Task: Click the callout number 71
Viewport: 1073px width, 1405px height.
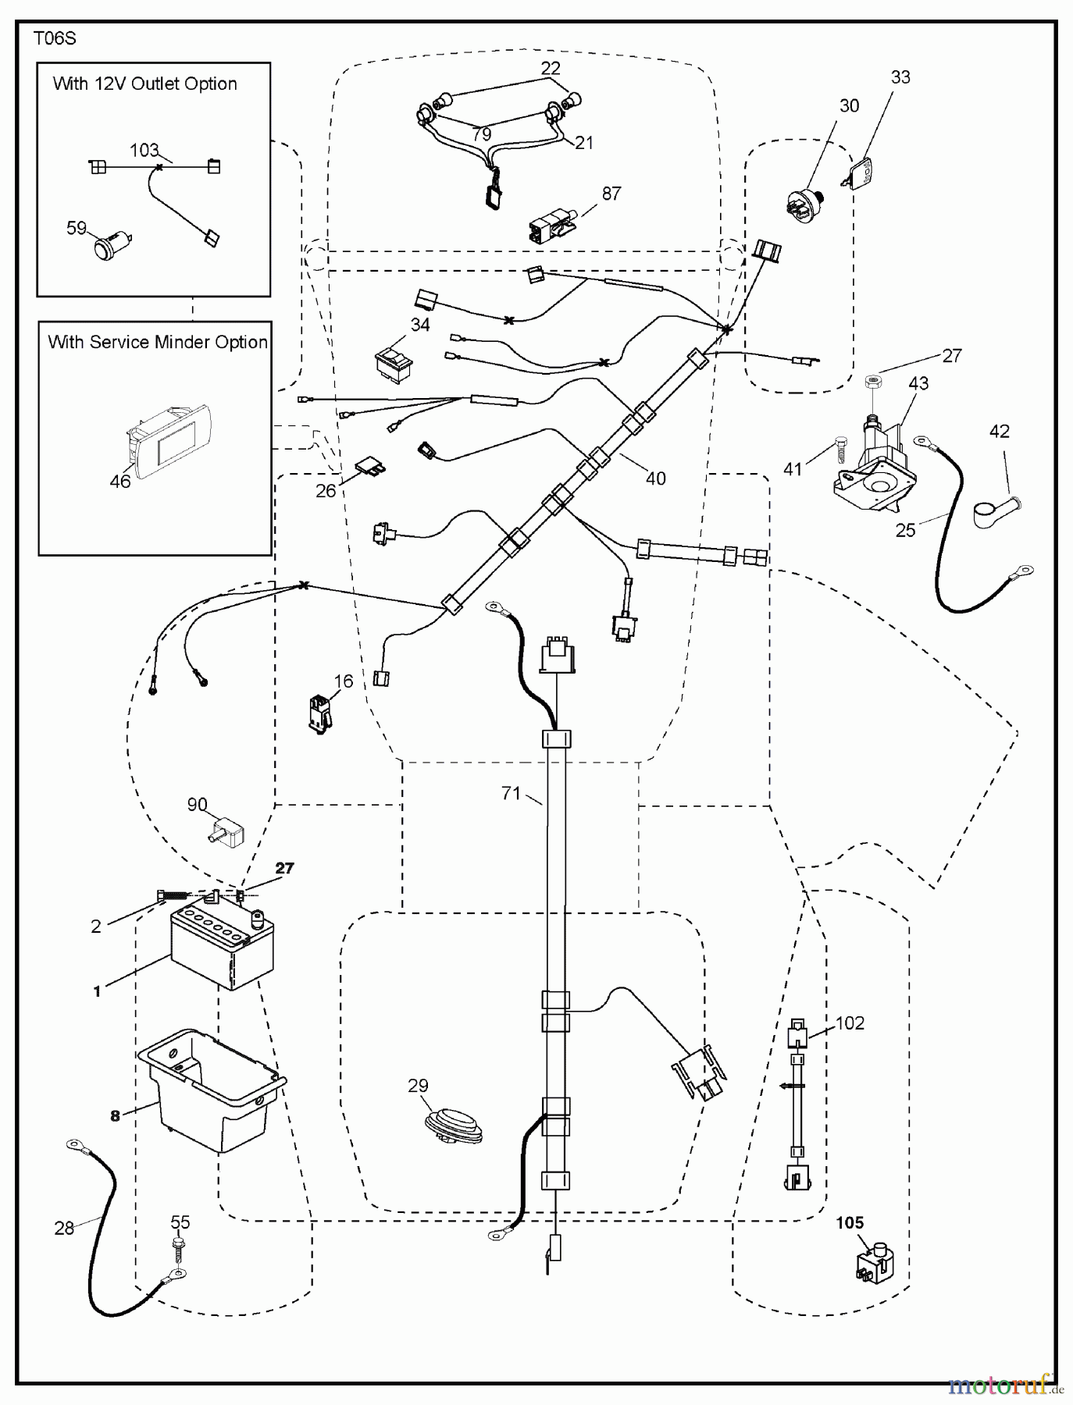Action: point(511,793)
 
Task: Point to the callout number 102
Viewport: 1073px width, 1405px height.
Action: point(850,1023)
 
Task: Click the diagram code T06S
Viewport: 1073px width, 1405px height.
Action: point(55,38)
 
